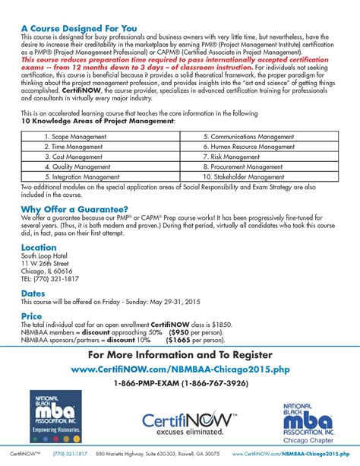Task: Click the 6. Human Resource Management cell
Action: (250, 146)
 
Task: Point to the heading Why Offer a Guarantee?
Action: (74, 209)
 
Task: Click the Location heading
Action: (39, 248)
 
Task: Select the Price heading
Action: (32, 315)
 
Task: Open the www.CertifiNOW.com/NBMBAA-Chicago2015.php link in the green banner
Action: (179, 369)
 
